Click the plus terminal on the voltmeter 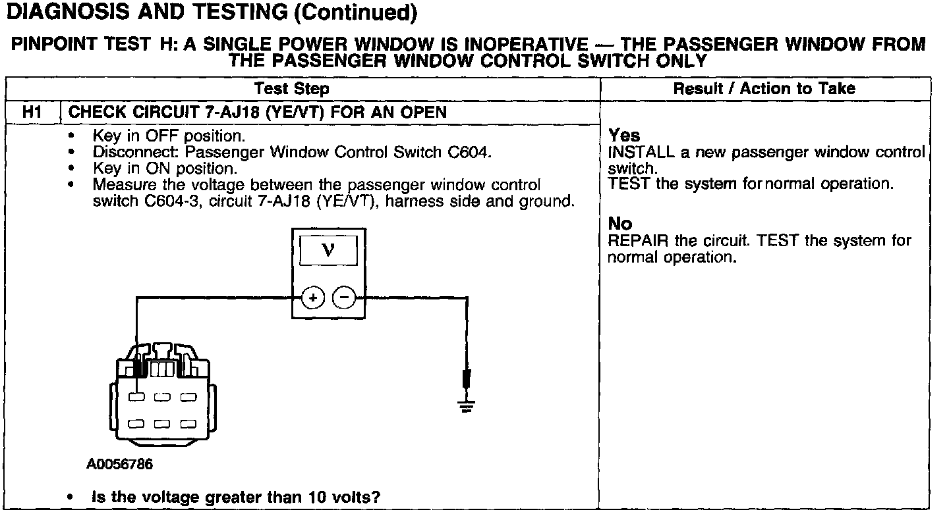tap(313, 298)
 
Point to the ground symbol tap(467, 403)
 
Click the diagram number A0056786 tap(119, 465)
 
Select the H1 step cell tap(32, 112)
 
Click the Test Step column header tap(291, 89)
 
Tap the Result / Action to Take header tap(764, 89)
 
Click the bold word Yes tap(623, 136)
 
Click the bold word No tap(619, 225)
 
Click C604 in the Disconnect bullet tap(469, 152)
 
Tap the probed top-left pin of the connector tap(136, 398)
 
